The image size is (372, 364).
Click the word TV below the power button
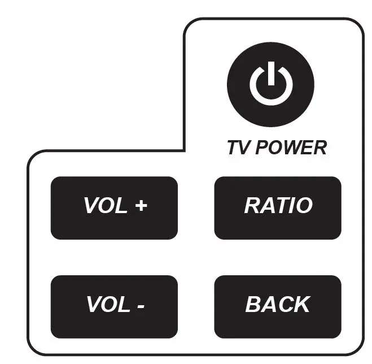pos(239,148)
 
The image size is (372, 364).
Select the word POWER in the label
pos(291,148)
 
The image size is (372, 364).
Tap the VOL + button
pos(114,208)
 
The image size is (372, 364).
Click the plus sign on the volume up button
pos(141,206)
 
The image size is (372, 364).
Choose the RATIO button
pos(278,208)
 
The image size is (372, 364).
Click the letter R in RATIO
pos(252,205)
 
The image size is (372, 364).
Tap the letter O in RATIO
pos(304,205)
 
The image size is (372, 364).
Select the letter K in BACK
pos(301,305)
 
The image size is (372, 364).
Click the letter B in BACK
pos(252,305)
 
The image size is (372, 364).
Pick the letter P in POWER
pos(262,148)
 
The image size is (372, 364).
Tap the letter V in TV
pos(246,148)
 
